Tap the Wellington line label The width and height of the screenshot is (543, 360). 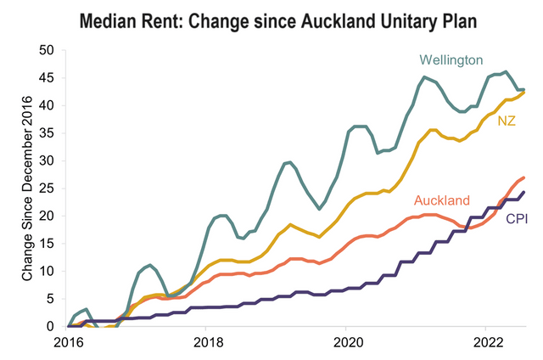tap(451, 60)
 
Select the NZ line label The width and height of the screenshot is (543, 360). tap(507, 121)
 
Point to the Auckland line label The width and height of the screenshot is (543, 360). tap(441, 201)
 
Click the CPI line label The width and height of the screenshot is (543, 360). tap(516, 219)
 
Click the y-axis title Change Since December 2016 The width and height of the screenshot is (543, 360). tap(27, 188)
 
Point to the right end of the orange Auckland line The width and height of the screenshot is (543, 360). tap(523, 177)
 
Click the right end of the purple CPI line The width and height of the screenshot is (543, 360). tap(523, 192)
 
